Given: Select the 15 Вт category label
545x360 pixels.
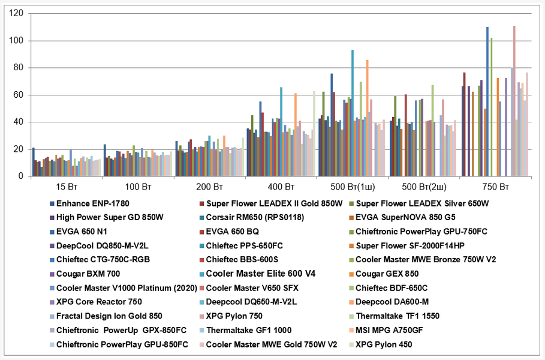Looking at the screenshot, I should (65, 186).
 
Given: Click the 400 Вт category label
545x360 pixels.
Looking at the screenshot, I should (281, 186).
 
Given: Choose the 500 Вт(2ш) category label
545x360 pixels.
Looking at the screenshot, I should (424, 186).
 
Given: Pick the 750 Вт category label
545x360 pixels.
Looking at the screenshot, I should (496, 186).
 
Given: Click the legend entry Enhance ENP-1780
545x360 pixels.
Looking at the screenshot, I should (92, 203).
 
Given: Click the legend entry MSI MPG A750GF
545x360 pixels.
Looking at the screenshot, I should (394, 330).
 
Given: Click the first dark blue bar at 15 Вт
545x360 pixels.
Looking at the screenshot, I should (34, 162).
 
